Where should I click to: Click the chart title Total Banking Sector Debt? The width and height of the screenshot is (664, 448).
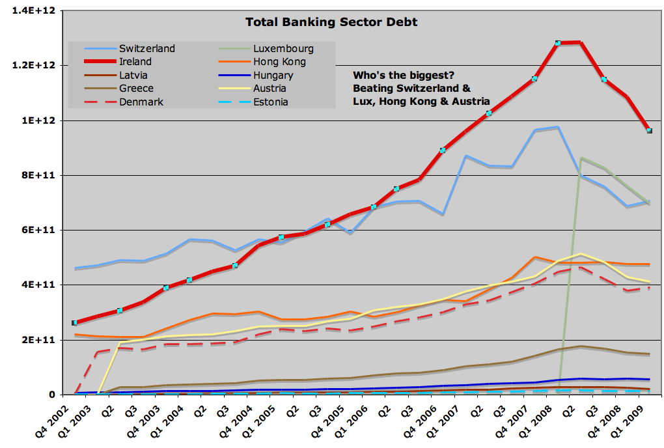(331, 22)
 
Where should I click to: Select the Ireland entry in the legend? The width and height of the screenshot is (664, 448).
(135, 61)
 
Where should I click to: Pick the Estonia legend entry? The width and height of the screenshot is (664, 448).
(270, 102)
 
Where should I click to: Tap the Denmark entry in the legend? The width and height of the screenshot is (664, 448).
(141, 102)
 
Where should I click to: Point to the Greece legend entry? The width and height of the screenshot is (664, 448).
(136, 89)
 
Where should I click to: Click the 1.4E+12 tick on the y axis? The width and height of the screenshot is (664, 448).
(33, 10)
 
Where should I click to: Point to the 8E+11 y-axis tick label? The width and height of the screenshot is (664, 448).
(39, 175)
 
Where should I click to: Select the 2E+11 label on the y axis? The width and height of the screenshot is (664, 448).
(39, 340)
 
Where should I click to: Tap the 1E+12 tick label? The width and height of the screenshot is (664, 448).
(39, 120)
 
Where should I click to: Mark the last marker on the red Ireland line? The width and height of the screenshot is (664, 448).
(649, 131)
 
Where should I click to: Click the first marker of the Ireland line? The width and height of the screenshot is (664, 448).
(74, 322)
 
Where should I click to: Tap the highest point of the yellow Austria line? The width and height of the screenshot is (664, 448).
(581, 254)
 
